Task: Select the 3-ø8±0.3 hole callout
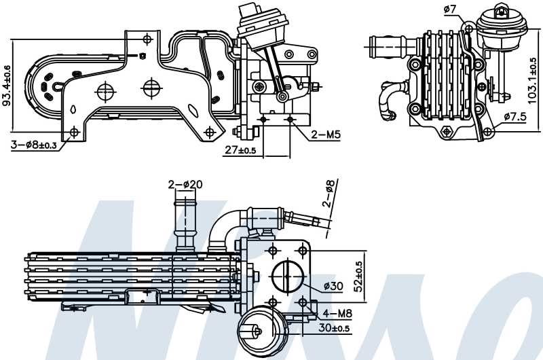pyautogui.click(x=33, y=145)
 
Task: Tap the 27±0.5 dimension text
pyautogui.click(x=240, y=150)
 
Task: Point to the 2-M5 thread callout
pyautogui.click(x=325, y=134)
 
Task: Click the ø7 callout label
pyautogui.click(x=449, y=9)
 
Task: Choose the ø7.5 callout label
pyautogui.click(x=516, y=117)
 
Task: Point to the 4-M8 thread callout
pyautogui.click(x=337, y=313)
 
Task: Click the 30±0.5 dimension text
pyautogui.click(x=335, y=329)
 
